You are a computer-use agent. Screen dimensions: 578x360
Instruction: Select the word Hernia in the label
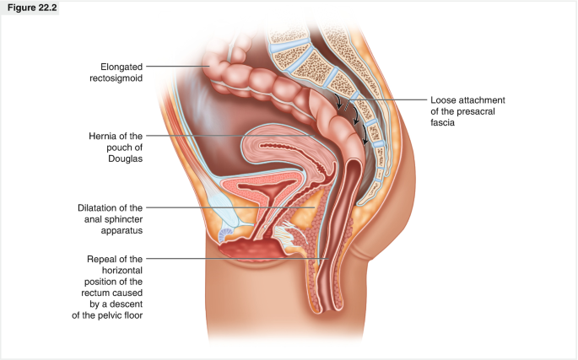tap(107, 135)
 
